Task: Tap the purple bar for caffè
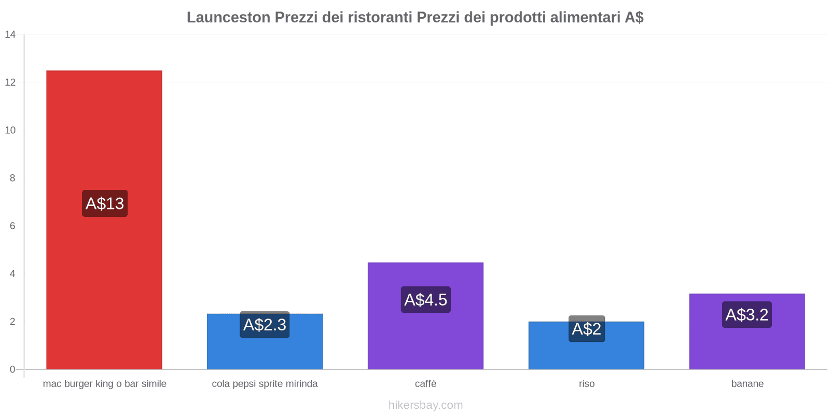pyautogui.click(x=425, y=337)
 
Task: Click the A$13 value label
pyautogui.click(x=105, y=203)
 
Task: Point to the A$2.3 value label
pyautogui.click(x=265, y=325)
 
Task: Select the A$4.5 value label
pyautogui.click(x=425, y=300)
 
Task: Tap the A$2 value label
pyautogui.click(x=586, y=329)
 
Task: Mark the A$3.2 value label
pyautogui.click(x=747, y=315)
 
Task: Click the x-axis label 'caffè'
pyautogui.click(x=425, y=384)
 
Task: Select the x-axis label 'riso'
pyautogui.click(x=587, y=384)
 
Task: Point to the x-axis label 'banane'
pyautogui.click(x=747, y=384)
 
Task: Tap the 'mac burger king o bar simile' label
pyautogui.click(x=105, y=384)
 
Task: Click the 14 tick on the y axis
pyautogui.click(x=10, y=35)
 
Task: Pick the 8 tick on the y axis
pyautogui.click(x=12, y=178)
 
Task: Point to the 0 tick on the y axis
pyautogui.click(x=12, y=369)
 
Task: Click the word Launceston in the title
pyautogui.click(x=228, y=18)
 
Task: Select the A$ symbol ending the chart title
pyautogui.click(x=634, y=18)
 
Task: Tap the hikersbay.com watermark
pyautogui.click(x=425, y=405)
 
